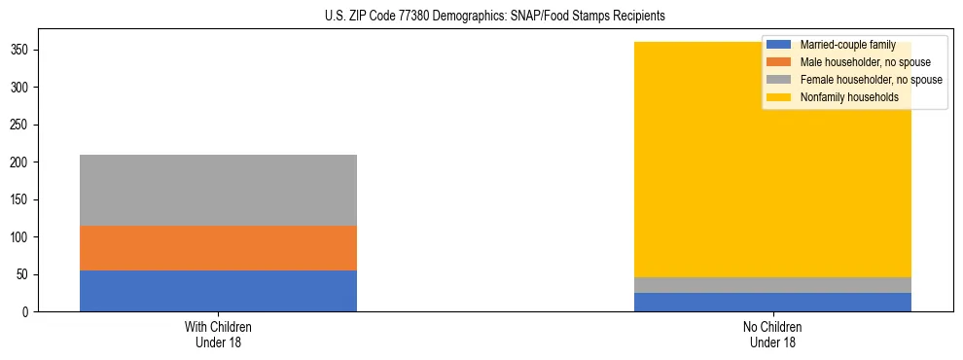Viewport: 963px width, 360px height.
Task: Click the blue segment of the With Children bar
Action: coord(218,291)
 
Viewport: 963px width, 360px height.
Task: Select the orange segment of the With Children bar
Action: coord(218,248)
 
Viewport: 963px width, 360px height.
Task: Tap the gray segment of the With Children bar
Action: coord(218,190)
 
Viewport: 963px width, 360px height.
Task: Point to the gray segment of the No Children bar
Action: coord(772,285)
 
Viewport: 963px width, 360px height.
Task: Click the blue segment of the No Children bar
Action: coord(772,302)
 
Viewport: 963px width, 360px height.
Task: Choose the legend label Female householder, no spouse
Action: coord(871,80)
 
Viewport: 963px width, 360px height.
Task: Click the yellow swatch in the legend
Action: coord(779,97)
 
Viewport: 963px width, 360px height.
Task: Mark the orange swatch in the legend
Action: coord(779,62)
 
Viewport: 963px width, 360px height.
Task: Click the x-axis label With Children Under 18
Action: coord(218,334)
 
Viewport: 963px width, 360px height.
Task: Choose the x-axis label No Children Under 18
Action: coord(772,334)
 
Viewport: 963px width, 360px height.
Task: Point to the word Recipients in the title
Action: coord(640,17)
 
